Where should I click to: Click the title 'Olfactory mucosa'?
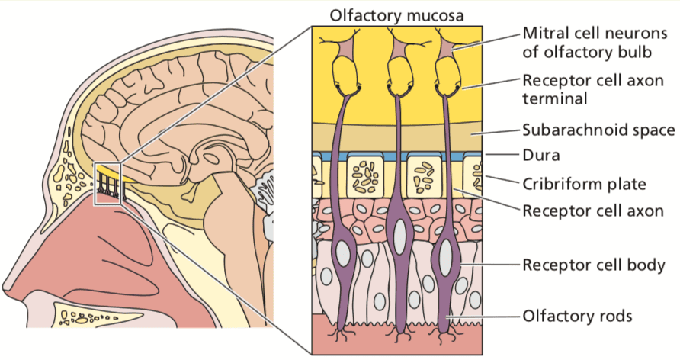396,15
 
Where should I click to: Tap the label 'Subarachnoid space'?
598,130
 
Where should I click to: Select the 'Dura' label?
540,155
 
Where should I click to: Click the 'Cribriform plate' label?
584,184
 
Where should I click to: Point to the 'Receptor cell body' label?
594,265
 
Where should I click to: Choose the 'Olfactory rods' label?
577,316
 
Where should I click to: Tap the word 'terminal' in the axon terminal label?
555,98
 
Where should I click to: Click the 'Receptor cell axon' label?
593,211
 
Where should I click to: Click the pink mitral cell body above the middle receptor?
399,50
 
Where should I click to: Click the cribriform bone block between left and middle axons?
364,175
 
